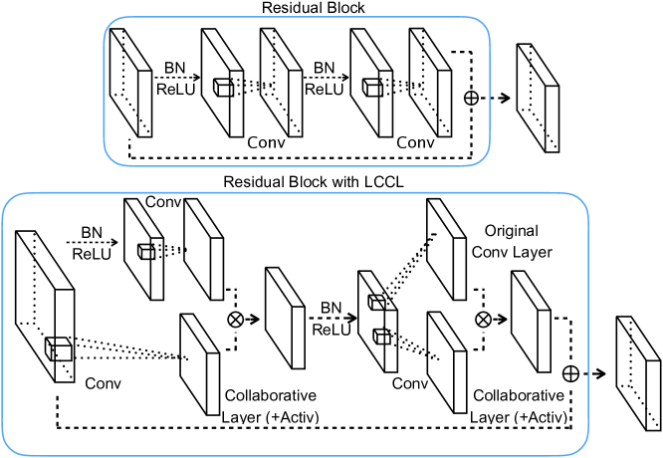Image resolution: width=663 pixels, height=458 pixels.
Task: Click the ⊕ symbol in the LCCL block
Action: (570, 373)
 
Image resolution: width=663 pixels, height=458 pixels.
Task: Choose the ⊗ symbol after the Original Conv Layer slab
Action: (482, 320)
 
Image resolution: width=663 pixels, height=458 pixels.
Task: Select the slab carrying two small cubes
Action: (375, 316)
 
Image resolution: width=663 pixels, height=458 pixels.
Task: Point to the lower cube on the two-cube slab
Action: (379, 336)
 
